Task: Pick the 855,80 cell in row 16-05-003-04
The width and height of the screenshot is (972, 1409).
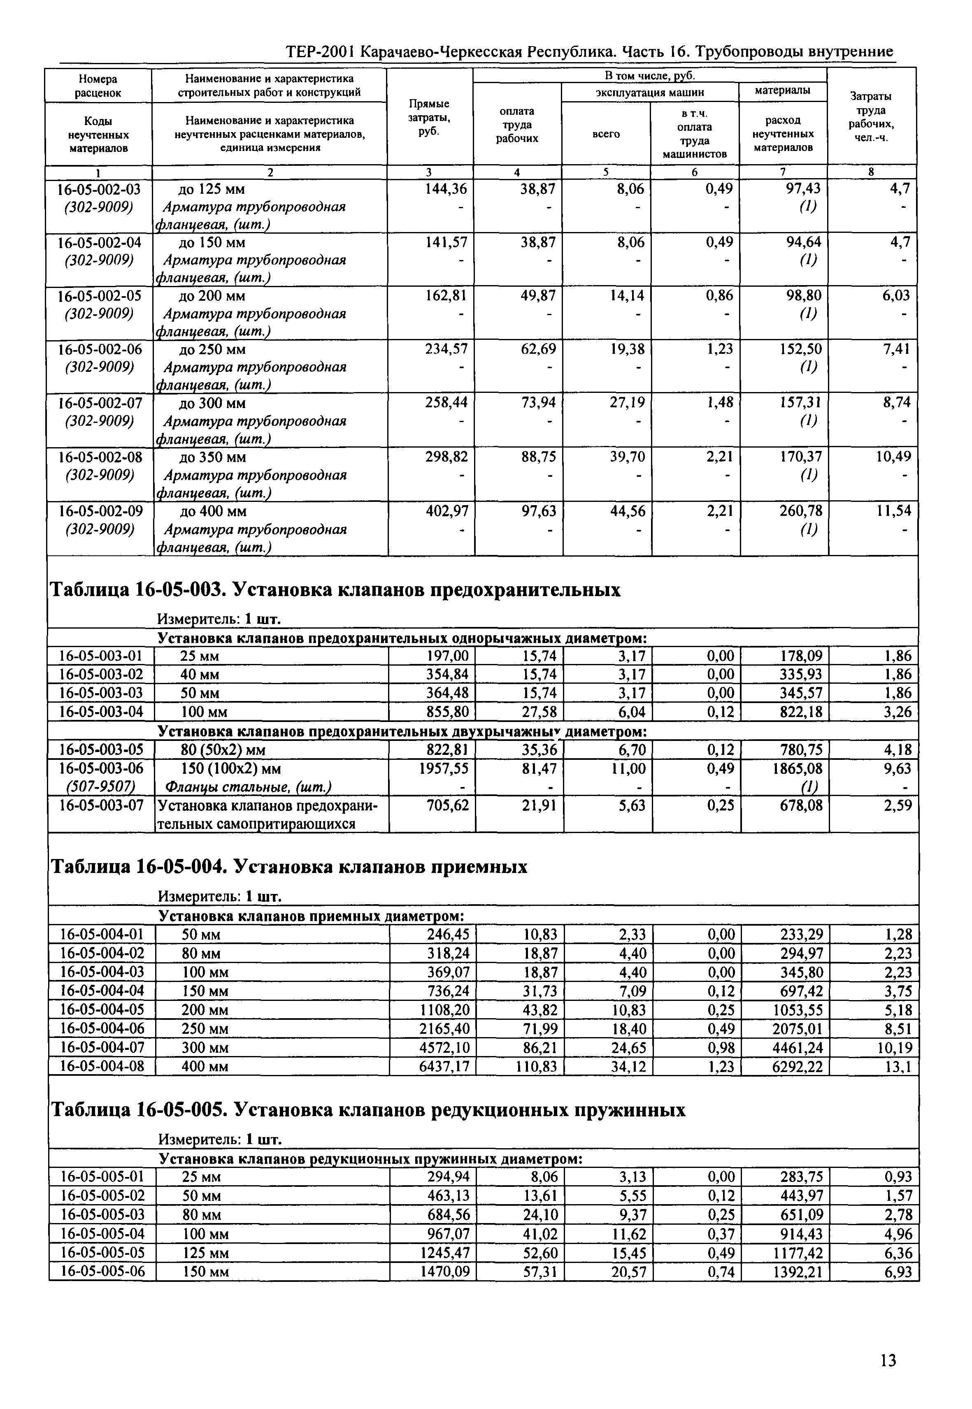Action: point(447,712)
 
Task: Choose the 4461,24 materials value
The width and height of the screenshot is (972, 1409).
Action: point(797,1048)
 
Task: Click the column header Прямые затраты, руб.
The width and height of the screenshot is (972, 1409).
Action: point(429,118)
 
